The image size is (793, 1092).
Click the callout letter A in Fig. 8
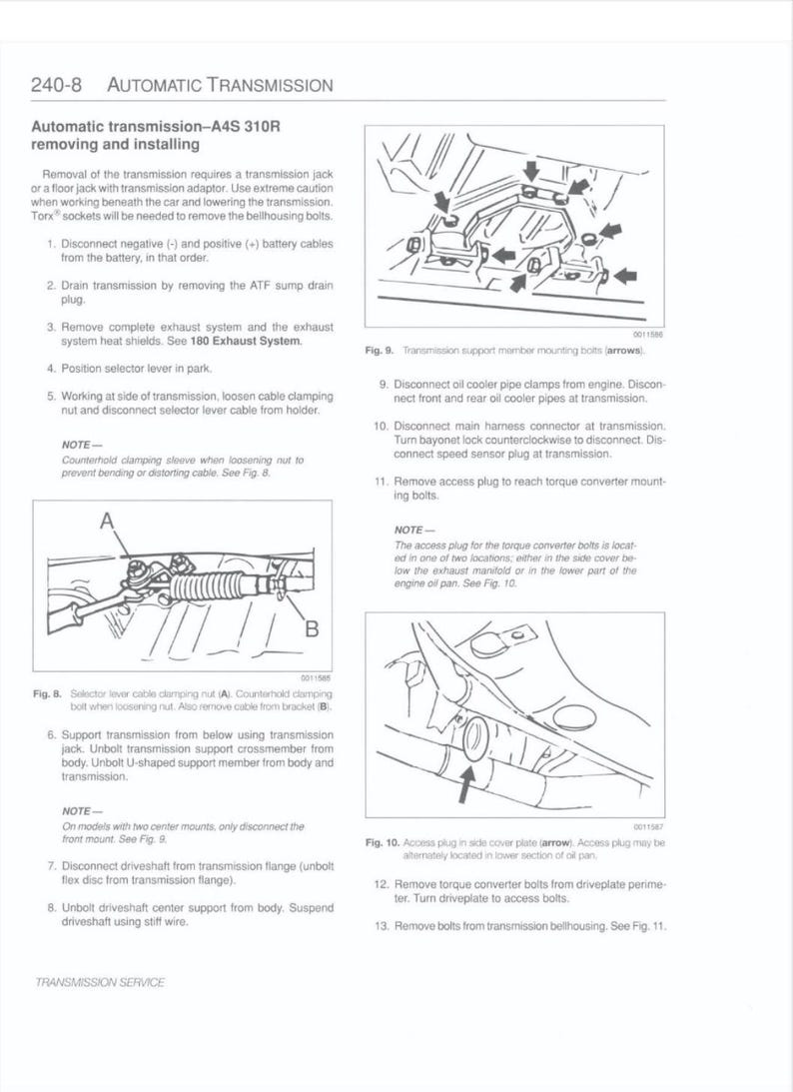coord(107,520)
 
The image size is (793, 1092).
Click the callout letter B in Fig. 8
coord(311,628)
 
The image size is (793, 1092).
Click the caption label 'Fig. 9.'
coord(380,351)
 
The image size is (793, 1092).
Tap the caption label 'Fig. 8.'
coord(47,692)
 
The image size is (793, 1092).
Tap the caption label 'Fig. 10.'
coord(383,842)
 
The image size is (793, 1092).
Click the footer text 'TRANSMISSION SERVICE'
coord(99,982)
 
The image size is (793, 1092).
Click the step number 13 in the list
coord(381,926)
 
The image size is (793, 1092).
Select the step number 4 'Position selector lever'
coord(50,369)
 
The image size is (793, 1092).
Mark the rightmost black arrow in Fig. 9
coord(628,275)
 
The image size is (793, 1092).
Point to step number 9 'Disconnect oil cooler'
coord(384,384)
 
